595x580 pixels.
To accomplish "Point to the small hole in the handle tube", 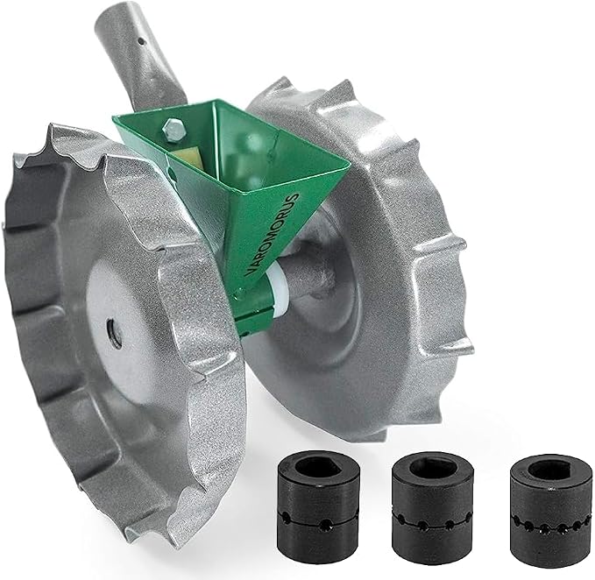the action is tap(141, 40).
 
